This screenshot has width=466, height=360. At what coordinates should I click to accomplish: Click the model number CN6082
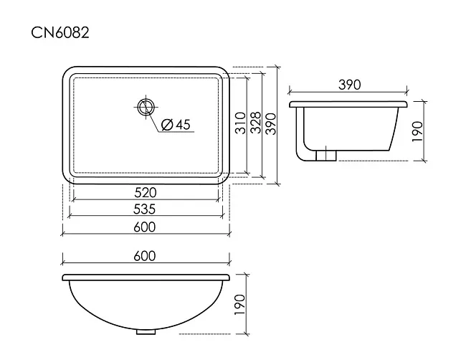(x=60, y=32)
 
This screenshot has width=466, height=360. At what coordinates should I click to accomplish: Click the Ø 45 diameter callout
(x=176, y=125)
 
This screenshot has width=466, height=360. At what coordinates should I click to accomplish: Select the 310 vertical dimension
(x=241, y=123)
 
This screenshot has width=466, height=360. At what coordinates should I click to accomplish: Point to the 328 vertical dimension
(x=255, y=123)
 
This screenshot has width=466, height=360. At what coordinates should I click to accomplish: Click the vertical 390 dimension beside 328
(x=271, y=123)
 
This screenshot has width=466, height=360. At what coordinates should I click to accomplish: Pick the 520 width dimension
(x=146, y=193)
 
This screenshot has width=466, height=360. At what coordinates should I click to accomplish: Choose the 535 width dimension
(x=144, y=209)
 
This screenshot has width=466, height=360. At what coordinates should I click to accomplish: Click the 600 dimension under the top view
(x=145, y=227)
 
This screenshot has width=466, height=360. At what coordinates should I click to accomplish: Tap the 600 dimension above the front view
(x=145, y=256)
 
